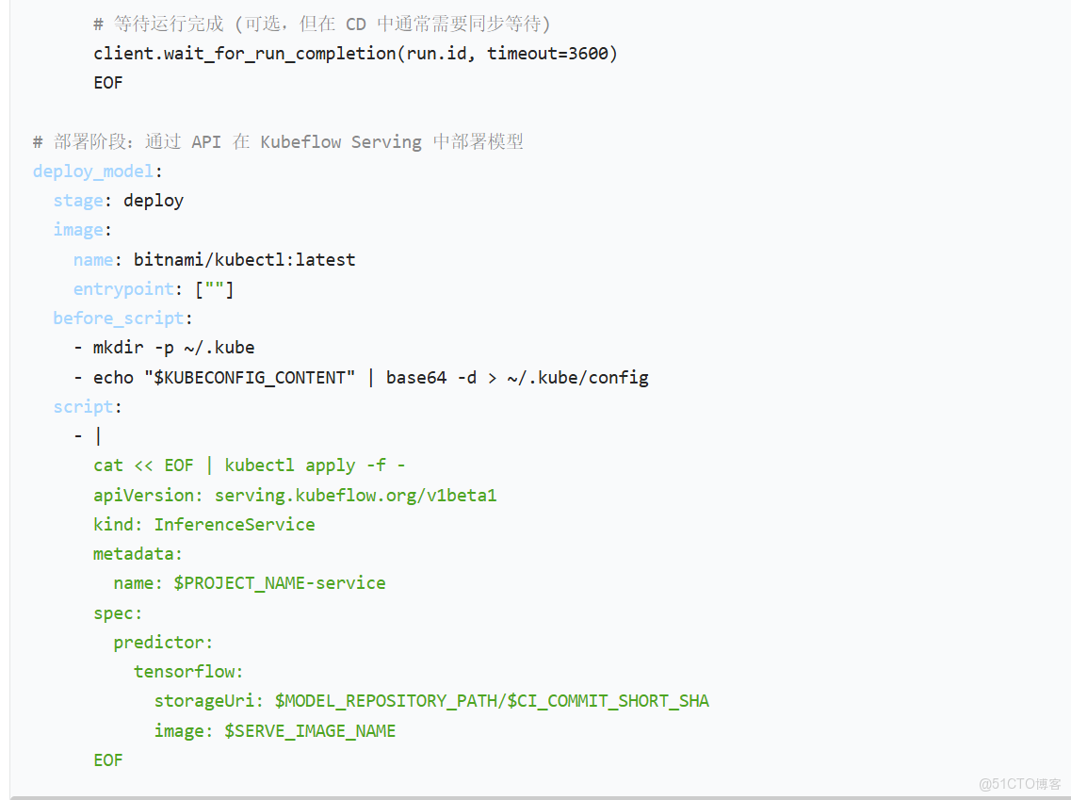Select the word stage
(x=77, y=201)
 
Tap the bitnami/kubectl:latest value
(x=244, y=259)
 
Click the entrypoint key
(x=123, y=289)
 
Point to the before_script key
(x=118, y=318)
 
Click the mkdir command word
(x=119, y=348)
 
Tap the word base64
(x=416, y=378)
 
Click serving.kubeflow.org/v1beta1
(x=355, y=495)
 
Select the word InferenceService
(x=235, y=525)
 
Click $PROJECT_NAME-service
(x=280, y=583)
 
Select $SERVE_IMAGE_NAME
(x=310, y=731)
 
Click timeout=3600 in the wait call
(x=546, y=54)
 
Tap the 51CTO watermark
(x=1020, y=784)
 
